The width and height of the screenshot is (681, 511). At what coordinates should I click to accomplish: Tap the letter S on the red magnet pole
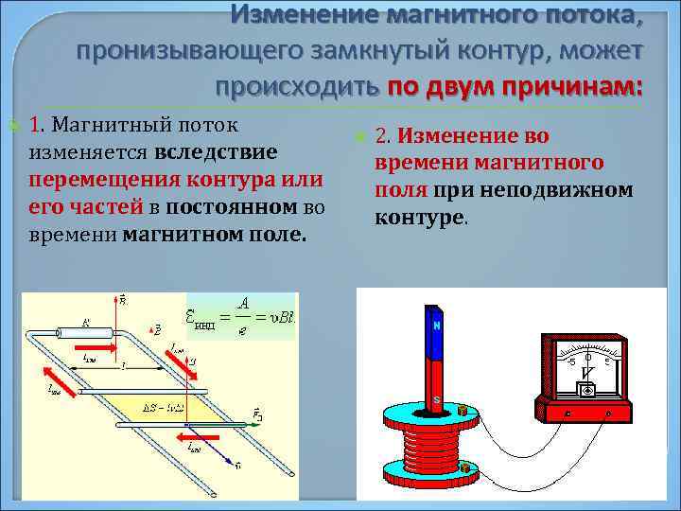[437, 399]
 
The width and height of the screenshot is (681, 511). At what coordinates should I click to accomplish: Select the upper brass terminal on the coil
[463, 412]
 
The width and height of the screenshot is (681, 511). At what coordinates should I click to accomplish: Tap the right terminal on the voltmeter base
[609, 414]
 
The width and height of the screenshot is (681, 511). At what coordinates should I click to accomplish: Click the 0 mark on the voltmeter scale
[588, 357]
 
